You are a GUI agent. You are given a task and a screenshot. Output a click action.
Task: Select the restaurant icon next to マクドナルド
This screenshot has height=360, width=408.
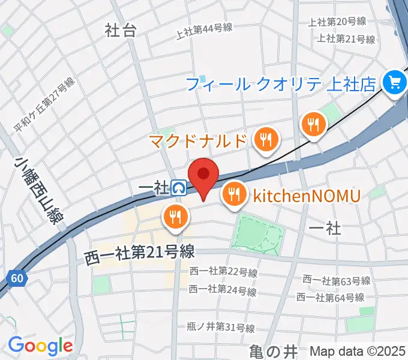point(265,140)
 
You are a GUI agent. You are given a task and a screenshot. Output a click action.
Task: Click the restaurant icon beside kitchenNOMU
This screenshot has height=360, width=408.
point(233,194)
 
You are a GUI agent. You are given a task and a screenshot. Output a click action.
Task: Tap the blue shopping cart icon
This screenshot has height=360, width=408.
point(394,82)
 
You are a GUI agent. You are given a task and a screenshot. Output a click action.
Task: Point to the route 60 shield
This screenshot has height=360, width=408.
point(17,278)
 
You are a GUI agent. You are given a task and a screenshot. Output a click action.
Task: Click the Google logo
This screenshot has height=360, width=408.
point(40,346)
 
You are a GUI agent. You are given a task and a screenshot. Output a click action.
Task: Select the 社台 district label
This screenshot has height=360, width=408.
point(120,31)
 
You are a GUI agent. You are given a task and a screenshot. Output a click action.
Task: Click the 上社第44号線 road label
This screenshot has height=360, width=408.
point(205,31)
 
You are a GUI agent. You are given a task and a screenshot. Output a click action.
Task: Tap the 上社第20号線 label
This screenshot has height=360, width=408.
point(337,22)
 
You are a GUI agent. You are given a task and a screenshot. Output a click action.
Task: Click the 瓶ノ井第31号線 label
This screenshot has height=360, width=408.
point(220,328)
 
